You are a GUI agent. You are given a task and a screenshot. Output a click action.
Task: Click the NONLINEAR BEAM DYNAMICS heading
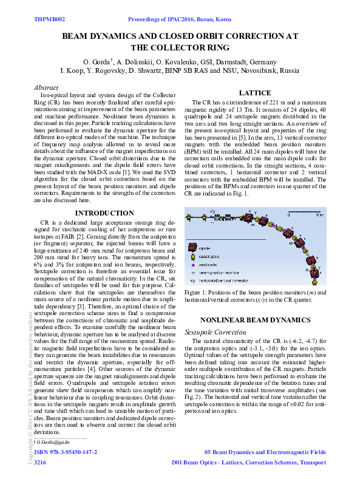pyautogui.click(x=255, y=320)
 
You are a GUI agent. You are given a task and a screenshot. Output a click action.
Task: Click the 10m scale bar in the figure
pyautogui.click(x=302, y=217)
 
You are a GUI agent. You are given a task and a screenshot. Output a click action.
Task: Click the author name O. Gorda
pyautogui.click(x=97, y=62)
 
